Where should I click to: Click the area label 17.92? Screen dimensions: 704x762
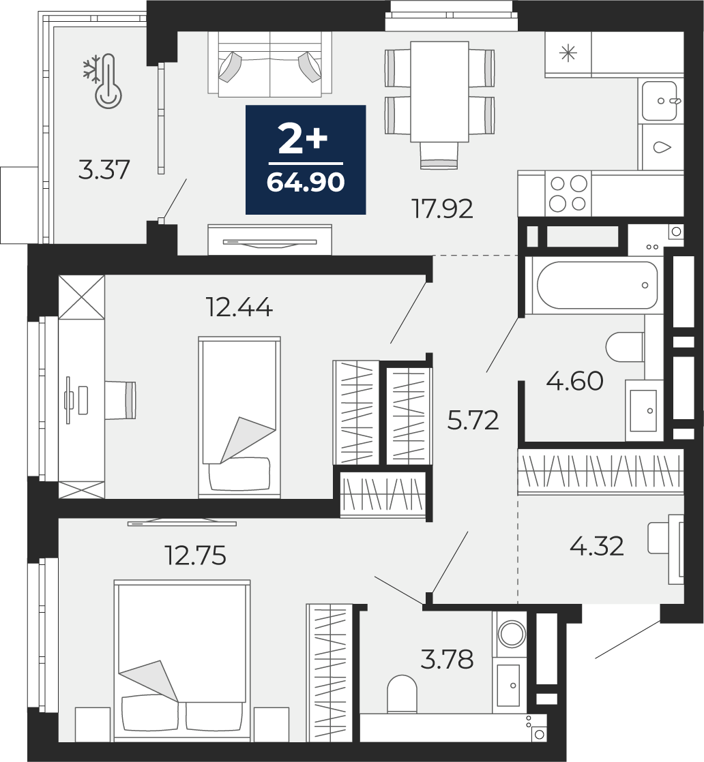click(442, 209)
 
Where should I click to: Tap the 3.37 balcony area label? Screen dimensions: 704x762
click(104, 170)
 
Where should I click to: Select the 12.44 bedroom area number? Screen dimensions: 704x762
click(239, 307)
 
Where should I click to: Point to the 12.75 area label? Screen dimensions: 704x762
click(196, 555)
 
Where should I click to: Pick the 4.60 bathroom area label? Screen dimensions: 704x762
click(574, 381)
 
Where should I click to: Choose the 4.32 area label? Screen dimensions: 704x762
click(596, 546)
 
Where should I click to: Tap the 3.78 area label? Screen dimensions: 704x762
click(447, 660)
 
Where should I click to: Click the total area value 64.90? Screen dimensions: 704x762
click(306, 183)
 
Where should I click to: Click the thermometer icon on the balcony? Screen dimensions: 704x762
click(108, 81)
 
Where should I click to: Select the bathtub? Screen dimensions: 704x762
click(598, 286)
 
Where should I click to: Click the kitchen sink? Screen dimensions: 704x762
click(660, 101)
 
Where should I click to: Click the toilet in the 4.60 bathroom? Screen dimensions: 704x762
click(625, 347)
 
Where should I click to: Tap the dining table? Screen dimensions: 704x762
click(439, 92)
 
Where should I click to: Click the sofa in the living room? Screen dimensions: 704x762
click(270, 63)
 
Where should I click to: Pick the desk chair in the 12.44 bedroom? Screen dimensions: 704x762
click(119, 400)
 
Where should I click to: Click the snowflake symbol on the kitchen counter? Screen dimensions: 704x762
click(568, 52)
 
